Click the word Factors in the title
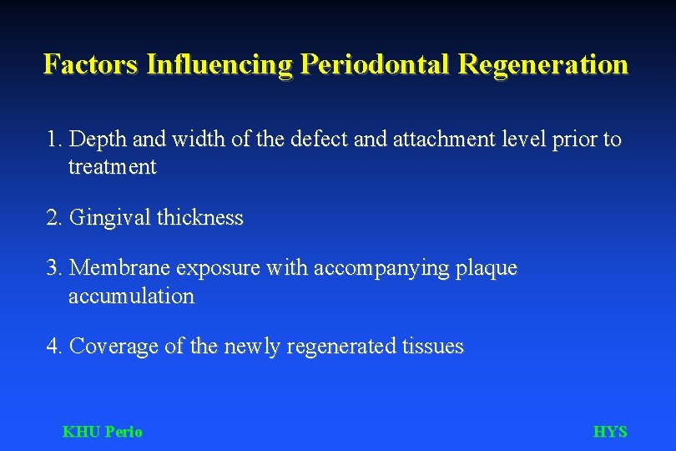point(91,64)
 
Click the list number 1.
point(55,139)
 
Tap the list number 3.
point(55,268)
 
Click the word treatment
point(112,167)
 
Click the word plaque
point(487,268)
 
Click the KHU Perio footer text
point(103,432)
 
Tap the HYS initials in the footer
point(610,432)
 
